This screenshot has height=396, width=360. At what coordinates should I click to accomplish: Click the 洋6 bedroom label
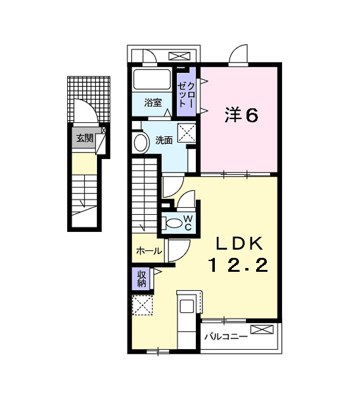241,115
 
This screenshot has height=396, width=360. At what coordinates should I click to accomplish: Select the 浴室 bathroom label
153,101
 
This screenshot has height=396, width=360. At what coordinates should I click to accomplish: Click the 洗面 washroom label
164,140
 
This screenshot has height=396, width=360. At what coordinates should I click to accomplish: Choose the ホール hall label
148,252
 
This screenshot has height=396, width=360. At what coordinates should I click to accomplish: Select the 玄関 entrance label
84,137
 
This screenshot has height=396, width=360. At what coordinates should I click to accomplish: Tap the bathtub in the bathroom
153,80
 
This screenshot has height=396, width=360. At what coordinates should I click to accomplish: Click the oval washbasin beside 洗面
138,142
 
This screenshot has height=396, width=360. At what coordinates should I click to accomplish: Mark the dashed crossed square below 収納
143,305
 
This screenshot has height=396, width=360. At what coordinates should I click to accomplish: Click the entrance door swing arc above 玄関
82,111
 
